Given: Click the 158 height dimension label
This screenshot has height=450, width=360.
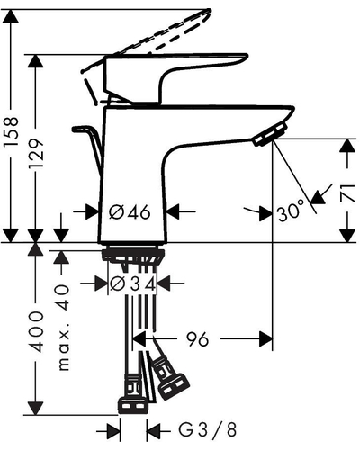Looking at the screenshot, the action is tap(11, 131).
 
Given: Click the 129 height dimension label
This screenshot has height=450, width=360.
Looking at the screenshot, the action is tap(36, 153).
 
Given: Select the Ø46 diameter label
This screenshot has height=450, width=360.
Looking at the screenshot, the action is tap(130, 212).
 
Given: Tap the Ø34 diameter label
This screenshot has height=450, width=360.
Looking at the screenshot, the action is tap(133, 283).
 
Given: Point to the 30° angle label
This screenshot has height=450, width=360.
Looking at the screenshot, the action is tap(290, 211).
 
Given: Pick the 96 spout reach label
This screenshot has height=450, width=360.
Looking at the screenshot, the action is tap(197, 339).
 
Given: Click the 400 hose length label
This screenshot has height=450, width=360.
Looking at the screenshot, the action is tap(37, 331).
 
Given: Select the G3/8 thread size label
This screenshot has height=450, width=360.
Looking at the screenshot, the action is tap(208, 430).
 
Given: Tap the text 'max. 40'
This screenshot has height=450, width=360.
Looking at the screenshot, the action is tap(64, 328).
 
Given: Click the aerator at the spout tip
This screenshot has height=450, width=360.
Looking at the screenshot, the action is tap(269, 135).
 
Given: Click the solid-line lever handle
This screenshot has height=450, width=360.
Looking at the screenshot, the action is tap(175, 78).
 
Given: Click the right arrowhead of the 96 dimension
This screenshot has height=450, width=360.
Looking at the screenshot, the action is tap(266, 339).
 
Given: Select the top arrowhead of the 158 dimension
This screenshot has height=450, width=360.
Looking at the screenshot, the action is tap(11, 16).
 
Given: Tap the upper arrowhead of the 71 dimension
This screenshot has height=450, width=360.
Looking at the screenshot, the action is tap(347, 146).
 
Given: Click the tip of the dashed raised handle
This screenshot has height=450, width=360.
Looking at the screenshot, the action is tap(209, 11).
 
